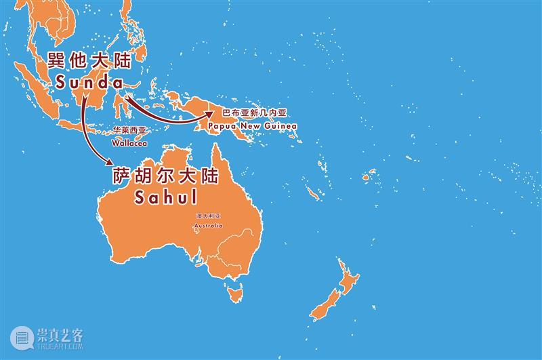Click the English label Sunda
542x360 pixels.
tap(86, 83)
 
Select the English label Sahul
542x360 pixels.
tap(165, 198)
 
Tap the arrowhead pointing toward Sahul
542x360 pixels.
tap(108, 162)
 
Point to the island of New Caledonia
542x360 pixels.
tap(313, 193)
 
